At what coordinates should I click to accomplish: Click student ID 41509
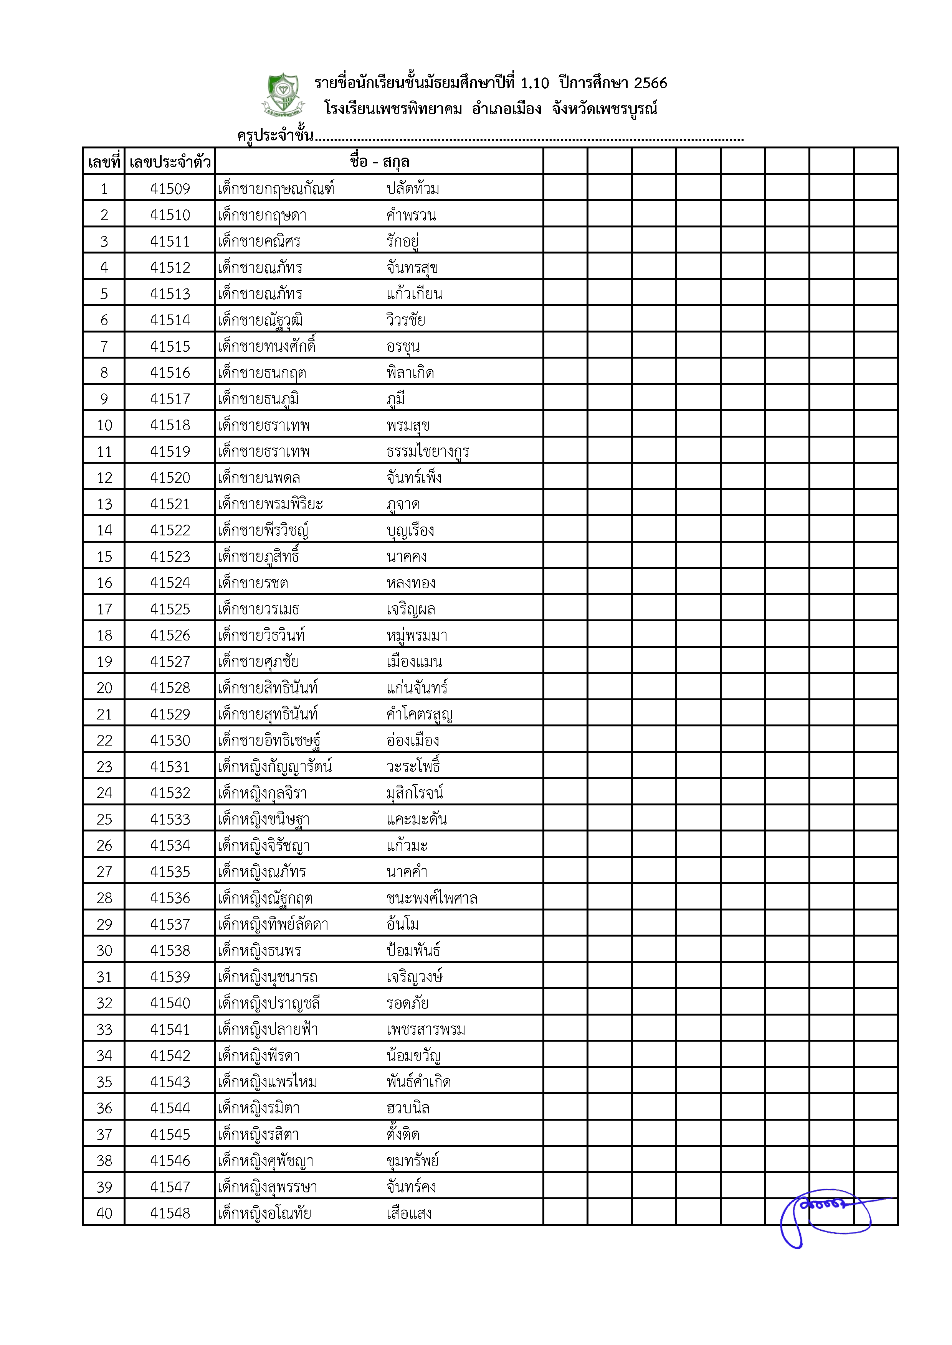tap(170, 189)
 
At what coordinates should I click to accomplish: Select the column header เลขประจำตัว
tap(170, 162)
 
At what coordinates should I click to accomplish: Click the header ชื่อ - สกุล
tap(379, 162)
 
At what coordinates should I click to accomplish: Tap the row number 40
tap(104, 1213)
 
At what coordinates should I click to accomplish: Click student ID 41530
tap(170, 741)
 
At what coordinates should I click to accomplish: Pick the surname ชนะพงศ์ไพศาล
tap(431, 898)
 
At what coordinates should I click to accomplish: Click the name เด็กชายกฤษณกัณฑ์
tap(276, 189)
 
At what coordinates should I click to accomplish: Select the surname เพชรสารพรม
tap(426, 1030)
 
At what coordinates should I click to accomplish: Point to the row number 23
tap(104, 767)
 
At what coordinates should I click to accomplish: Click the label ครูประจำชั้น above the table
tap(275, 136)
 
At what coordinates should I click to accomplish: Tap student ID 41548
tap(170, 1213)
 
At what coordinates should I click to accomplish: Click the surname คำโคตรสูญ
tap(419, 714)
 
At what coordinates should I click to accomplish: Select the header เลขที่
tap(104, 162)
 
